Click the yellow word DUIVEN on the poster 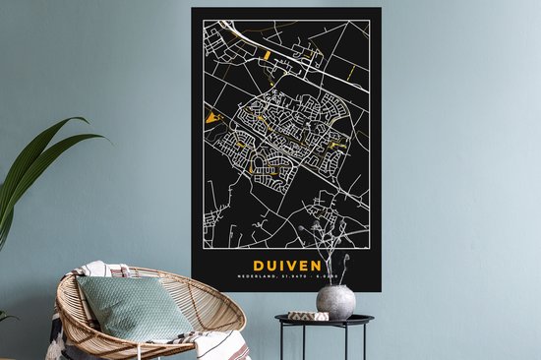point(286,266)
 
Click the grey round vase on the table point(335,302)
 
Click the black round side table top point(324,320)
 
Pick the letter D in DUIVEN point(258,266)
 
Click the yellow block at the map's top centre point(266,57)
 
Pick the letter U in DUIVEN point(270,266)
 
